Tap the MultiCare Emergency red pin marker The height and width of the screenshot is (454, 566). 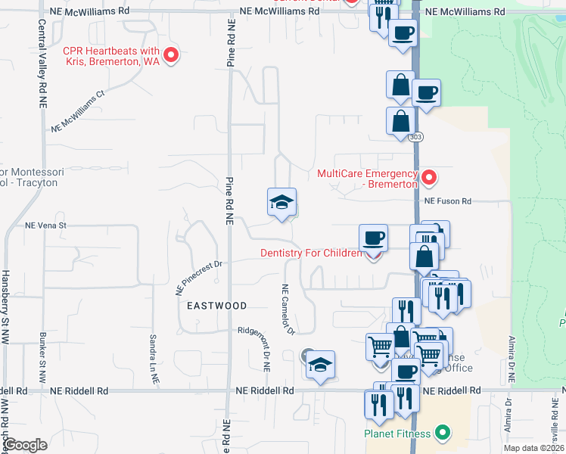click(x=429, y=179)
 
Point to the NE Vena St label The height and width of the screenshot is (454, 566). click(x=47, y=225)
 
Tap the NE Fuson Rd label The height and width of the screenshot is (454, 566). click(x=447, y=201)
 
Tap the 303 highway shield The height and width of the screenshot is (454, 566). click(x=416, y=137)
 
